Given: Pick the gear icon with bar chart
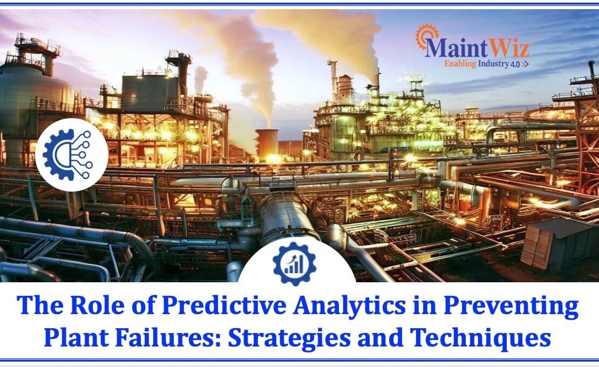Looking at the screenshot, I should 294,263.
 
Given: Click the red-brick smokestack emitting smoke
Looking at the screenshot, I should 267,143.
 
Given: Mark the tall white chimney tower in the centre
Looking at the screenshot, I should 333,81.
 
